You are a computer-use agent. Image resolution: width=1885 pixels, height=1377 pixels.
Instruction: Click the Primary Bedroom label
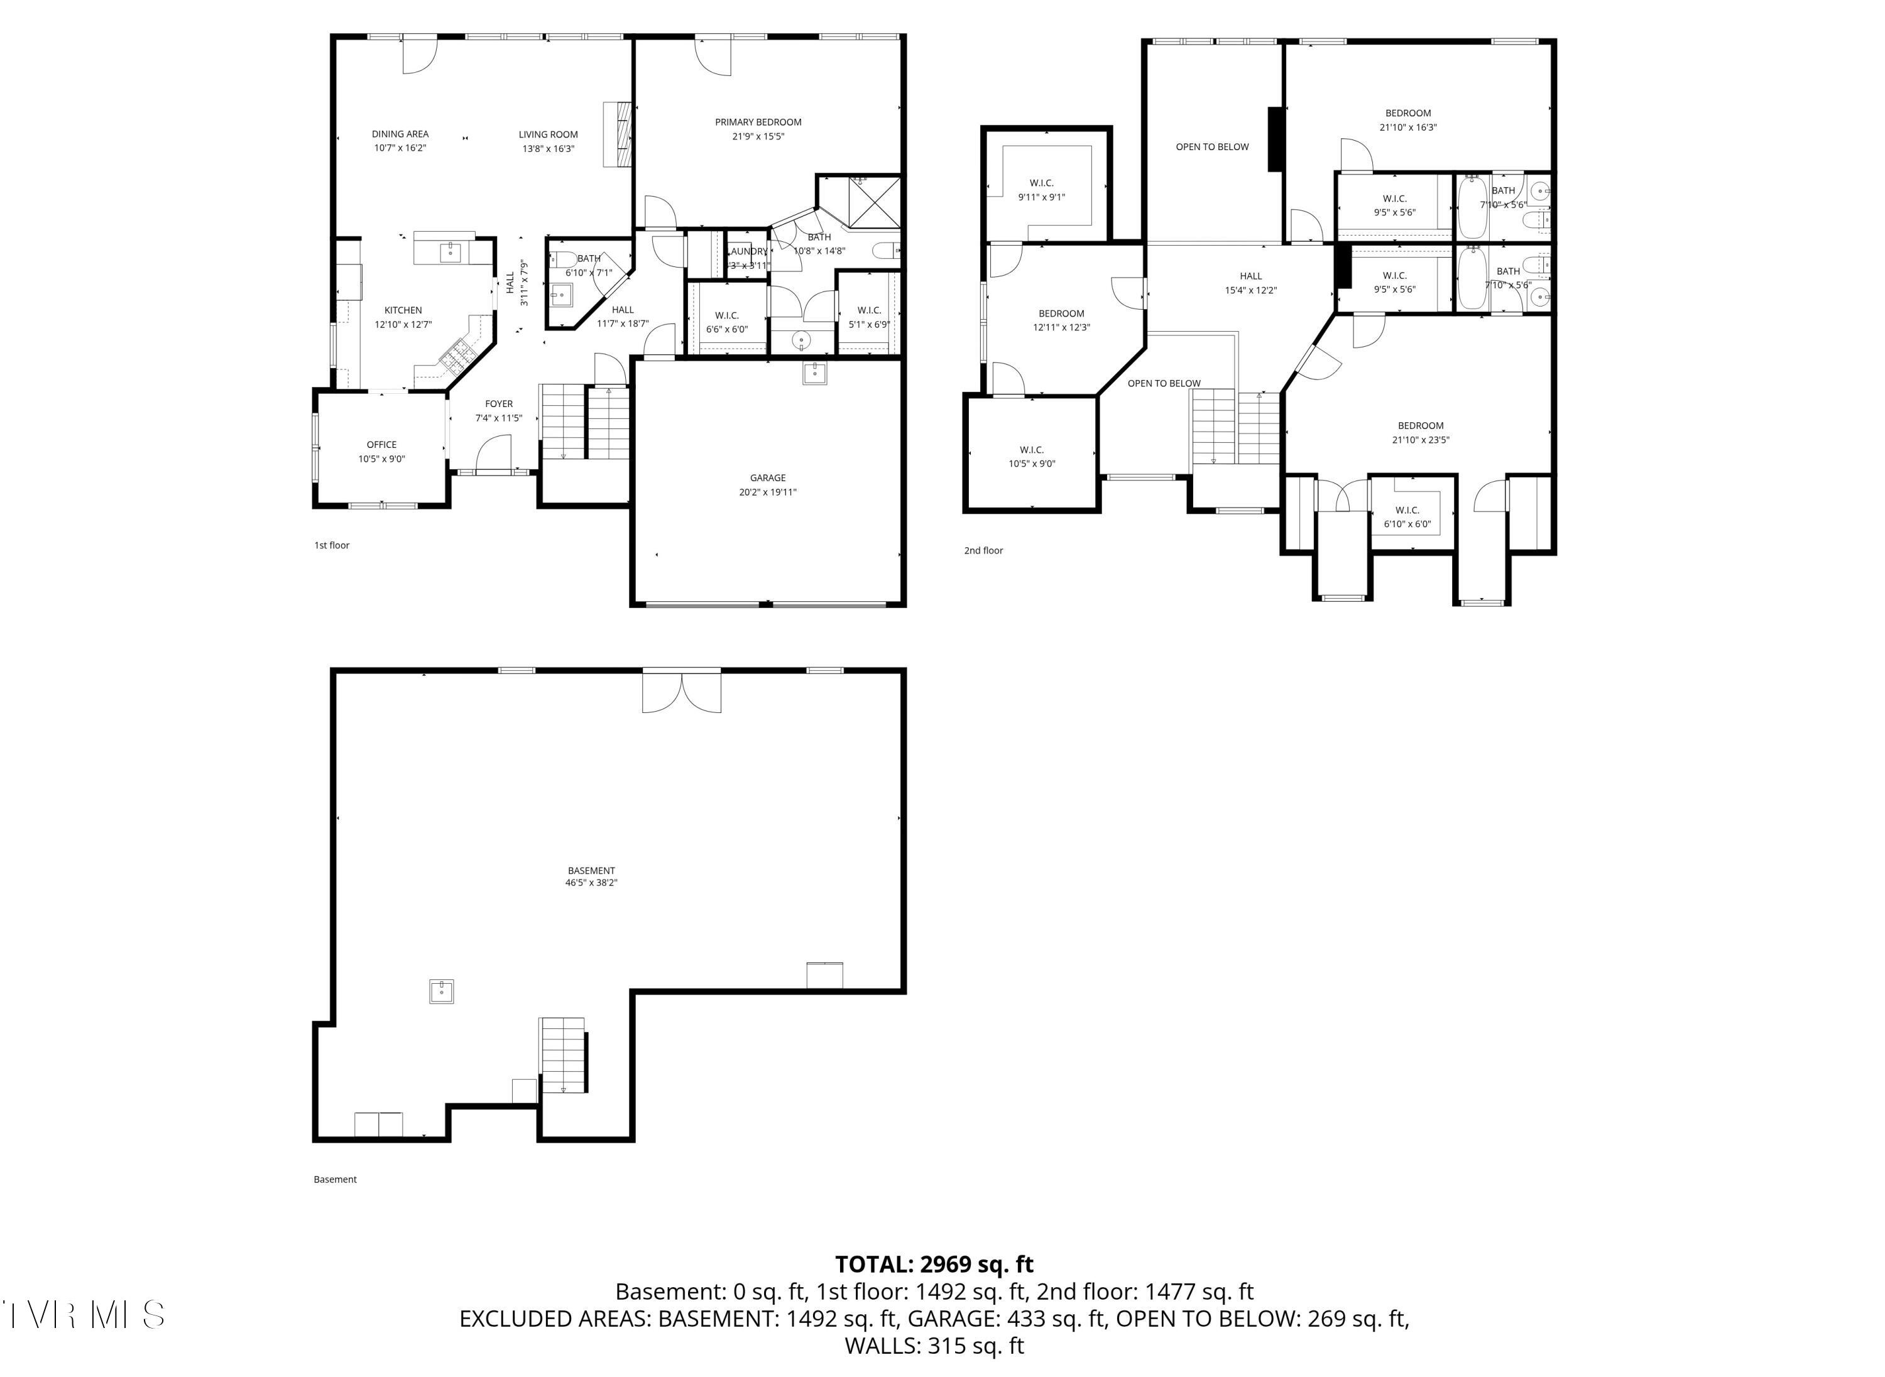757,122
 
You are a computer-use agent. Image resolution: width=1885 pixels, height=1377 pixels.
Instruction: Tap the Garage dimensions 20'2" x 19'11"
767,492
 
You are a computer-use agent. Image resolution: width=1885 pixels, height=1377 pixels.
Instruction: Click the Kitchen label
403,310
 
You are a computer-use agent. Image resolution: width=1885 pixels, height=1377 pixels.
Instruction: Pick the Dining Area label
400,133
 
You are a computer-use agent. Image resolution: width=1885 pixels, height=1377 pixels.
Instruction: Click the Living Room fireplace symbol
618,135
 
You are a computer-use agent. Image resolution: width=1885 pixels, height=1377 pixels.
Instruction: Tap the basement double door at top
680,691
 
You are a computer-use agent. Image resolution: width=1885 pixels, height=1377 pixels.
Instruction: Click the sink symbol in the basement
441,991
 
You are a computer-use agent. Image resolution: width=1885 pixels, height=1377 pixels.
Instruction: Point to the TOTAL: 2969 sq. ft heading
934,1265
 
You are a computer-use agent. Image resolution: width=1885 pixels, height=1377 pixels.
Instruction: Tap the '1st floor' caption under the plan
331,545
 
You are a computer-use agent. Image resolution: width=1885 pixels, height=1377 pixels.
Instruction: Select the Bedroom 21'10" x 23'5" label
1420,426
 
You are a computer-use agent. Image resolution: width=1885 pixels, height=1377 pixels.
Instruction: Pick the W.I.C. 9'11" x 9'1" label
1041,183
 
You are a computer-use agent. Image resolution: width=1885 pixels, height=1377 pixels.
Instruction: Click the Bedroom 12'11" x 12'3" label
1061,314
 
